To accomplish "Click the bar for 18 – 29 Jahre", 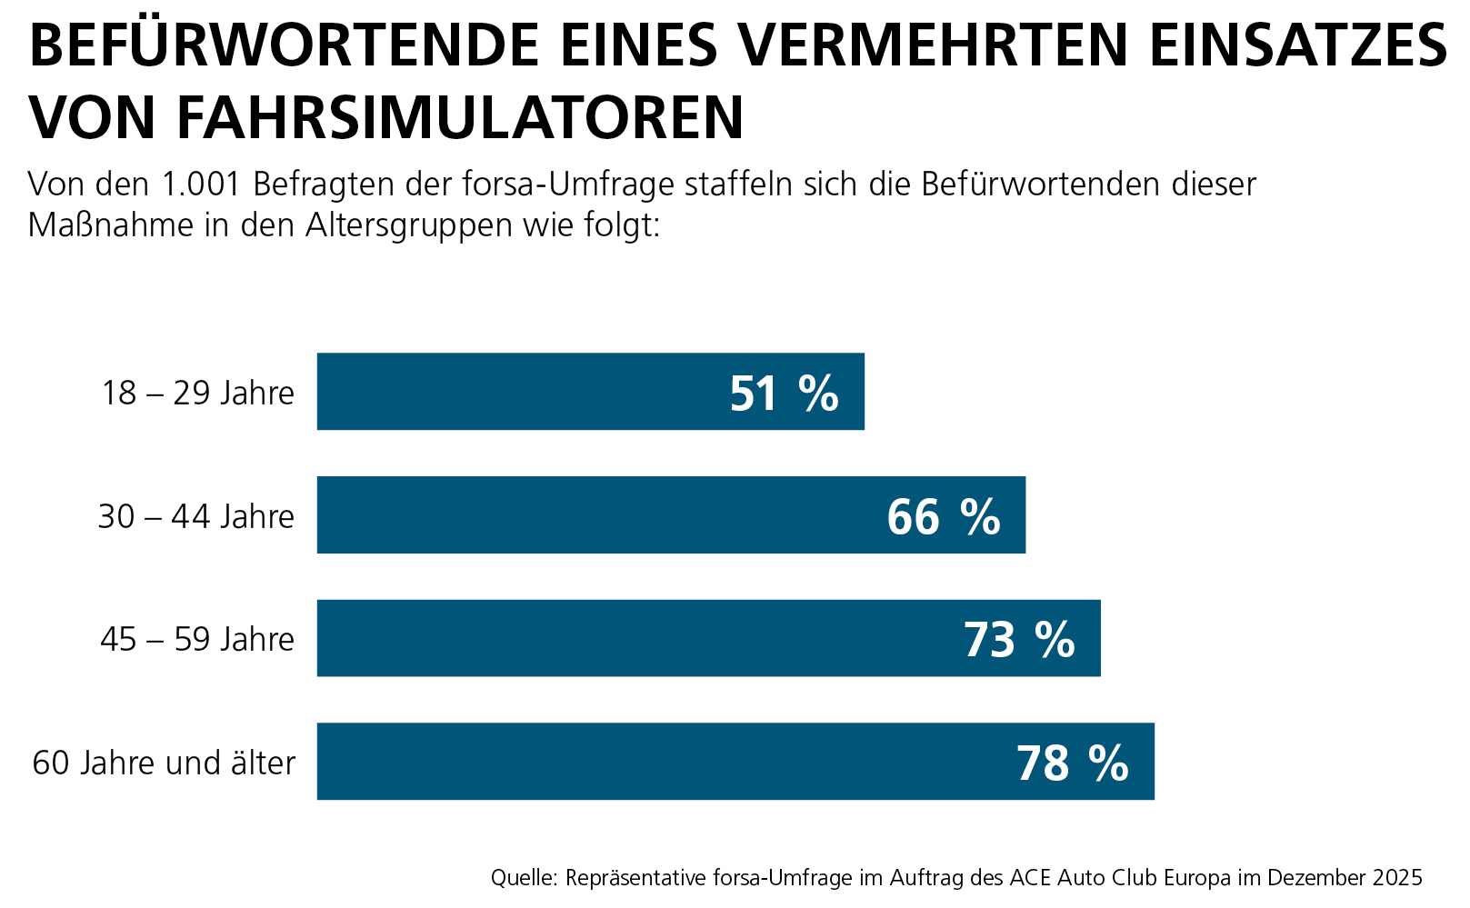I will [x=545, y=392].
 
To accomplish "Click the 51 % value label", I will [x=784, y=394].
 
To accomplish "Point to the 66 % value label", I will [x=944, y=517].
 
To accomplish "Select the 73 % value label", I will [x=1019, y=640].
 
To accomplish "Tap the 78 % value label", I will [x=1073, y=763].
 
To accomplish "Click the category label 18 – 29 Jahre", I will [x=198, y=394].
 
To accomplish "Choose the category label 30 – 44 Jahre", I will [x=196, y=517].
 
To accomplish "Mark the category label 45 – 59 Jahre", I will [x=197, y=640].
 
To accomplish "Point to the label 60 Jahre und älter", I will [x=165, y=763].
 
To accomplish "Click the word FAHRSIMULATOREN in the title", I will [x=460, y=116].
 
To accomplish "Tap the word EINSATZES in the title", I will [x=1298, y=45].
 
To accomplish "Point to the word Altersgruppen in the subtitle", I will [x=409, y=225].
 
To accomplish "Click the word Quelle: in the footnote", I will [x=524, y=878].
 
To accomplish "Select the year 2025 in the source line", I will [x=1397, y=878].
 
